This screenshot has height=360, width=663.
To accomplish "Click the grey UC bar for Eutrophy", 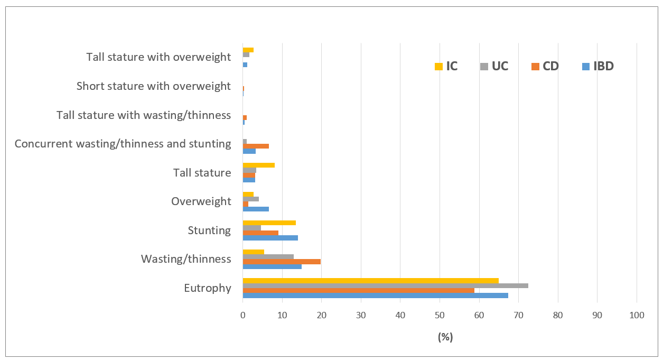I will pyautogui.click(x=385, y=285).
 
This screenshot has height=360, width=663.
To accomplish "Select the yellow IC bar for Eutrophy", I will pyautogui.click(x=370, y=280).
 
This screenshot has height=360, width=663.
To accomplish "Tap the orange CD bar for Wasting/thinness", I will pyautogui.click(x=282, y=261).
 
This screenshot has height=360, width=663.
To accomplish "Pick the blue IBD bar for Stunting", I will pyautogui.click(x=270, y=238).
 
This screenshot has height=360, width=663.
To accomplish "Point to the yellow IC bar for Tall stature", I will pyautogui.click(x=258, y=165).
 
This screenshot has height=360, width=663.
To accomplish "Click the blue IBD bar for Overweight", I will pyautogui.click(x=256, y=209).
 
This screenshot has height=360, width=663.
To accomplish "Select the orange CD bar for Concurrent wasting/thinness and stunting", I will pyautogui.click(x=256, y=146).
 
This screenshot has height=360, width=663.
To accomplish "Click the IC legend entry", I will pyautogui.click(x=446, y=67).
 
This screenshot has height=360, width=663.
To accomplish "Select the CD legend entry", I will pyautogui.click(x=545, y=67).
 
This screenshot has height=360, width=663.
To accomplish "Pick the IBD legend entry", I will pyautogui.click(x=597, y=67).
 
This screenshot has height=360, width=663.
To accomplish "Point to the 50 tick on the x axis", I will pyautogui.click(x=440, y=316).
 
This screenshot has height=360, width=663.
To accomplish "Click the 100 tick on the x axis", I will pyautogui.click(x=637, y=316).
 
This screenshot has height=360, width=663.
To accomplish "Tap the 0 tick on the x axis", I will pyautogui.click(x=242, y=316).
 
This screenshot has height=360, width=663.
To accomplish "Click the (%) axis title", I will pyautogui.click(x=445, y=337).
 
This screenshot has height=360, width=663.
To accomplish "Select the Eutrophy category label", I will pyautogui.click(x=208, y=288).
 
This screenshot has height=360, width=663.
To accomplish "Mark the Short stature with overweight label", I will pyautogui.click(x=154, y=86).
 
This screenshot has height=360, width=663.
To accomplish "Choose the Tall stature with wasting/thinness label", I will pyautogui.click(x=144, y=115).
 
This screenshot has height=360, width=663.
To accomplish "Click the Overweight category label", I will pyautogui.click(x=201, y=201).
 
